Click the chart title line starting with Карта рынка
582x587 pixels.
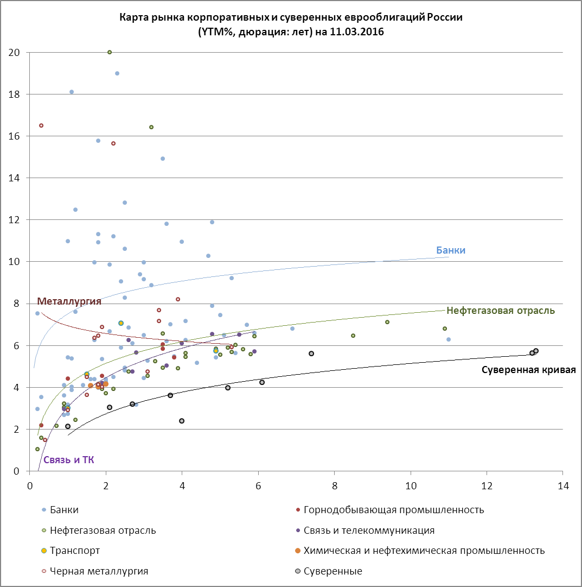pyautogui.click(x=291, y=17)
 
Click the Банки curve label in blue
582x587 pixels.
pyautogui.click(x=451, y=250)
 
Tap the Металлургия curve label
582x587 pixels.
pyautogui.click(x=69, y=301)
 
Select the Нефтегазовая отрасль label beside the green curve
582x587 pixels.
pyautogui.click(x=500, y=311)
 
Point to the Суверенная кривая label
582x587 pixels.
pyautogui.click(x=528, y=370)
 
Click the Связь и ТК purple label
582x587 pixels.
pyautogui.click(x=68, y=460)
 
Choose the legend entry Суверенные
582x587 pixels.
pyautogui.click(x=332, y=571)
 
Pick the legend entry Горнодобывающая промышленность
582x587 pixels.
pyautogui.click(x=393, y=509)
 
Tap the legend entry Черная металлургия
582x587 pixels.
pyautogui.click(x=98, y=571)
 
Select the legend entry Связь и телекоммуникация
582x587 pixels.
pyautogui.click(x=369, y=530)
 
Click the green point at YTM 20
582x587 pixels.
pyautogui.click(x=110, y=52)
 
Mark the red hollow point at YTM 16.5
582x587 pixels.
pyautogui.click(x=41, y=125)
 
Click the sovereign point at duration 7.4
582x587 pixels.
pyautogui.click(x=311, y=354)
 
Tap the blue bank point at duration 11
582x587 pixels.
pyautogui.click(x=449, y=339)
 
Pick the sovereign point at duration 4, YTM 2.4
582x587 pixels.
pyautogui.click(x=182, y=421)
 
